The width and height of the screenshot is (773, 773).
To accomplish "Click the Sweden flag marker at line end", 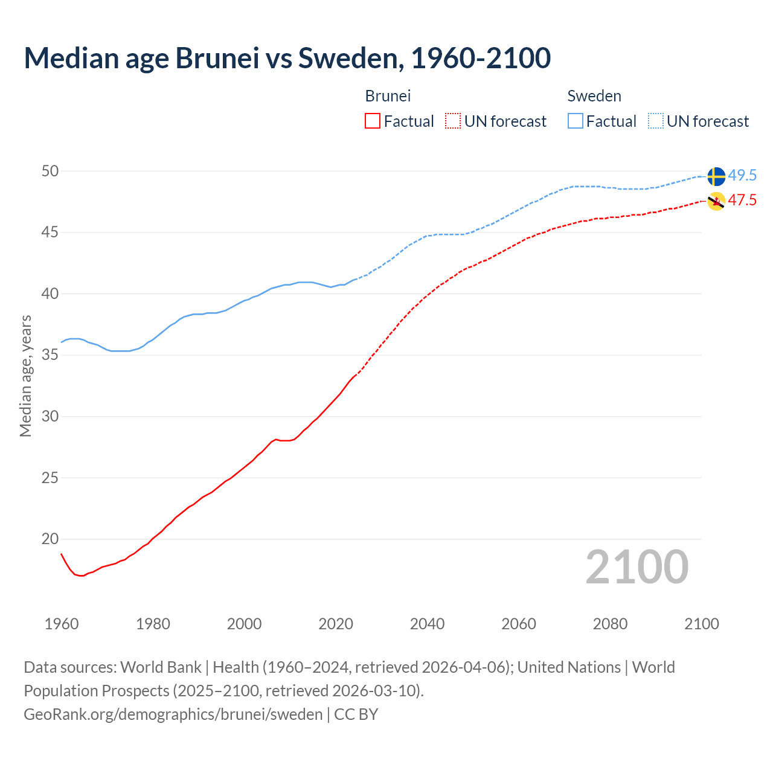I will coord(716,176).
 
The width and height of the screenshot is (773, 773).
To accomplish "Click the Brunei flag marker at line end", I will coord(716,201).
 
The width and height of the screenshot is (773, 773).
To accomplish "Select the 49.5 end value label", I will coord(742,176).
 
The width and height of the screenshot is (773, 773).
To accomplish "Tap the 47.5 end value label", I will coord(742,200).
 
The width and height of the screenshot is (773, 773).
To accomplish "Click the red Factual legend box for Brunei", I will coord(373,121).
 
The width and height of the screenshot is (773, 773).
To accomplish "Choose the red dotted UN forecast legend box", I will coord(453,121).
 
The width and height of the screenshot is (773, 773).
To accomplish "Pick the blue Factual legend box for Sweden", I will coord(576,121).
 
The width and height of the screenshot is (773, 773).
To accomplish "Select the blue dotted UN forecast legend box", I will coord(656,121).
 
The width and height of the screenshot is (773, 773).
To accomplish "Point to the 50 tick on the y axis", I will coord(50,172).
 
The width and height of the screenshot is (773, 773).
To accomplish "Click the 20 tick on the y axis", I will coord(50,539).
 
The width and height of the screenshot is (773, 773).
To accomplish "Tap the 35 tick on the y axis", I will coord(50,355).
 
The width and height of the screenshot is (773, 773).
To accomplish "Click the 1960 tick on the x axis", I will coord(62,624).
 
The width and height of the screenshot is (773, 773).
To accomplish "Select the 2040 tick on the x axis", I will coord(427,624).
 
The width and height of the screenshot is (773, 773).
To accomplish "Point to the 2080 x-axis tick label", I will coord(610,624).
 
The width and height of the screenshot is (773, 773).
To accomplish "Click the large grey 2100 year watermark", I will coord(637,566).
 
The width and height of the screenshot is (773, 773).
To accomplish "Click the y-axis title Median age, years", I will coord(25,376).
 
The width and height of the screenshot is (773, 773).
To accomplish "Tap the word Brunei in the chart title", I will coord(217,58).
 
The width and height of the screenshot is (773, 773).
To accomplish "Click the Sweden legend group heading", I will coord(594,96).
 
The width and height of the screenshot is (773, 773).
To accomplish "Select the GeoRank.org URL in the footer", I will coord(173,714).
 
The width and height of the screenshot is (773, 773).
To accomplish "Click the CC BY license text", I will coord(356,714).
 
